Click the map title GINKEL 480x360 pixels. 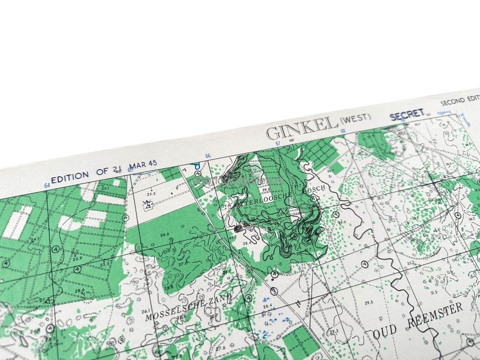(302, 127)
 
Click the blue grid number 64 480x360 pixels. (47, 186)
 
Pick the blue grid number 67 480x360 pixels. (277, 143)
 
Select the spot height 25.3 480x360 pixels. (150, 193)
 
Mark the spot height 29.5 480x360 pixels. (369, 302)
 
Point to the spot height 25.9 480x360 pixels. (78, 258)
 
